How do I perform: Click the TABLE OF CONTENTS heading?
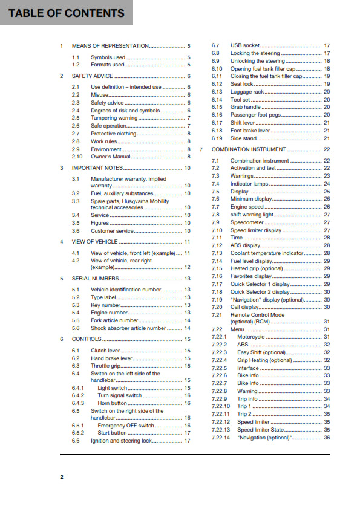pos(67,13)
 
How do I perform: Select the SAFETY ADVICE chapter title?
pos(92,76)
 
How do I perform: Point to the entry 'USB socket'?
pos(245,45)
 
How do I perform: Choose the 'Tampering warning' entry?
pos(114,118)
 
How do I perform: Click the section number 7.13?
pos(217,253)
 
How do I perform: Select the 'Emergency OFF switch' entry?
pos(126,426)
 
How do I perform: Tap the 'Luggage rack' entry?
pos(247,92)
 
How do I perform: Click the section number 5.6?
pos(76,328)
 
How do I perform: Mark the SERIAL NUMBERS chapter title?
pos(94,279)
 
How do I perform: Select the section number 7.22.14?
pos(221,437)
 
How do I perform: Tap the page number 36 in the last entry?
pos(327,437)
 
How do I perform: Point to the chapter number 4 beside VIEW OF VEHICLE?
pos(62,242)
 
